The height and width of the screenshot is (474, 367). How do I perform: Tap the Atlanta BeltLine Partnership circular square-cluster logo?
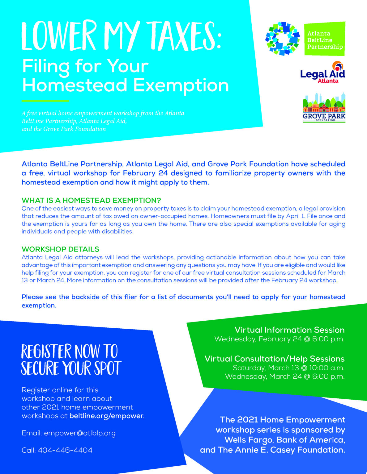click(x=282, y=39)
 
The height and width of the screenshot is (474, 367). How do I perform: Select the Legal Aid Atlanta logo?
click(x=322, y=73)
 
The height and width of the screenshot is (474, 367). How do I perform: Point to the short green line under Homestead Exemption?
click(x=45, y=101)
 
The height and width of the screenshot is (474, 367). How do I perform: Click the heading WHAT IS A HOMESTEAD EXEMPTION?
click(x=91, y=201)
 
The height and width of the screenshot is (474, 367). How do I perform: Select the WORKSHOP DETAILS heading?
click(x=60, y=249)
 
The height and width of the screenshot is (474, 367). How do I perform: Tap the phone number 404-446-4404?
click(x=65, y=450)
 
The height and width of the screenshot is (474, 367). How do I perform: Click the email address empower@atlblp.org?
click(x=80, y=433)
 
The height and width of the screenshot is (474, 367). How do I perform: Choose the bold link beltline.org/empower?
click(x=106, y=416)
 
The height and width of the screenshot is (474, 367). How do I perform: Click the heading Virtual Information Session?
click(x=289, y=330)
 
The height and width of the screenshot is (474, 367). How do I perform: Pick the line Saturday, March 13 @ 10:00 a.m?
click(x=288, y=368)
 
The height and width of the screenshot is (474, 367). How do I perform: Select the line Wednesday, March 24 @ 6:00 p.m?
click(x=284, y=376)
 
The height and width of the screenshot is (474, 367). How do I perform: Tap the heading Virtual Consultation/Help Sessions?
click(x=275, y=359)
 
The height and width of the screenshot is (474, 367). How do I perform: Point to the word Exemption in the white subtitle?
click(x=181, y=85)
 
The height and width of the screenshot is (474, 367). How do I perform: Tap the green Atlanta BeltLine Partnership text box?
click(x=325, y=39)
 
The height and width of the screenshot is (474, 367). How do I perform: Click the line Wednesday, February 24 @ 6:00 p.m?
click(x=280, y=339)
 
